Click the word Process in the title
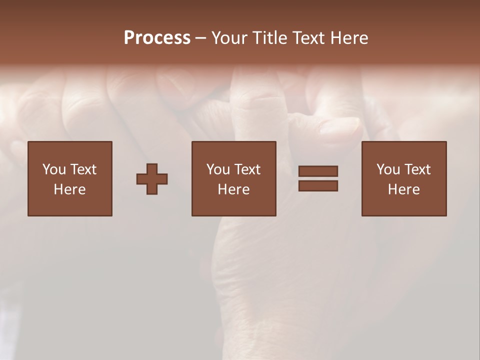coord(157,38)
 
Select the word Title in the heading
coord(271,38)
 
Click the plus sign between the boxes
coord(152,179)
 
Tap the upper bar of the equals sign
coord(318,171)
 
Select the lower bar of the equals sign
coord(318,185)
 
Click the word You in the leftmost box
coord(54,169)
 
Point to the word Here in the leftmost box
coord(70,189)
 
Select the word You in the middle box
coord(218,169)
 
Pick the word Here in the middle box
coord(234,189)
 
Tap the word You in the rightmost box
coord(388,169)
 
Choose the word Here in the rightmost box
coord(404,189)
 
